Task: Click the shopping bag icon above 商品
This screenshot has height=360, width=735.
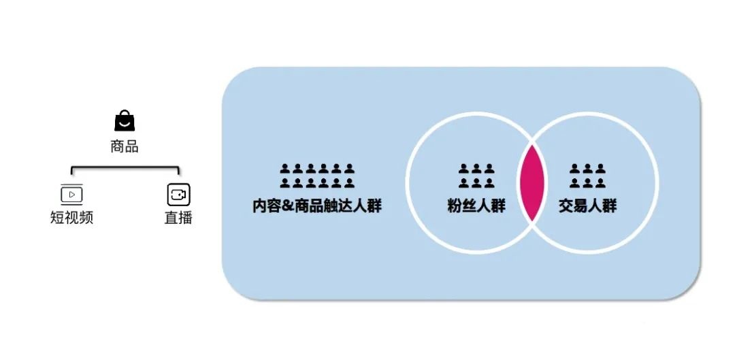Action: click(x=125, y=121)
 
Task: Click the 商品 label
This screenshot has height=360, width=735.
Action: click(x=125, y=146)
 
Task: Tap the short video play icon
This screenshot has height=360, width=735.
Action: click(x=71, y=195)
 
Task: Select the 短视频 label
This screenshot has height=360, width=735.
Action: click(x=71, y=218)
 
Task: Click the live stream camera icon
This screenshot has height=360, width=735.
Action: click(x=178, y=195)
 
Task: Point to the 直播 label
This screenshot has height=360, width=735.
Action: click(x=178, y=218)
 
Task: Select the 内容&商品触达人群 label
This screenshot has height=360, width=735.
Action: click(x=317, y=206)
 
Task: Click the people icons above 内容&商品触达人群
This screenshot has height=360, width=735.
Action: click(x=317, y=176)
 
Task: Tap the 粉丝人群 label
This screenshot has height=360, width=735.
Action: click(x=476, y=206)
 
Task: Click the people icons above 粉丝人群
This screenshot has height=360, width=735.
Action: click(x=476, y=176)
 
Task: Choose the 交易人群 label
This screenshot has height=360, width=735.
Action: click(x=588, y=206)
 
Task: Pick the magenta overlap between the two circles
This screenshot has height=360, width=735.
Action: click(x=532, y=183)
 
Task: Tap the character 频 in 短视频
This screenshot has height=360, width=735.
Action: click(x=86, y=218)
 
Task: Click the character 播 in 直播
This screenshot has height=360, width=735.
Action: click(x=185, y=218)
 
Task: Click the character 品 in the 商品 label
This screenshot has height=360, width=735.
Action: click(x=131, y=146)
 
